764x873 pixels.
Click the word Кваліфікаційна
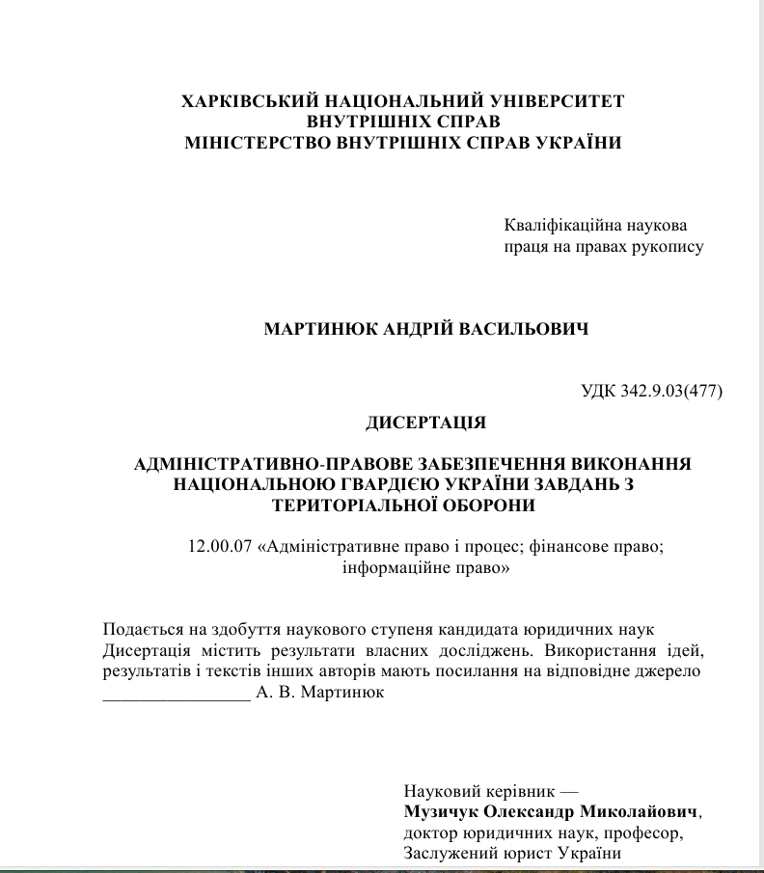[558, 226]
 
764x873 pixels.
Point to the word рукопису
[668, 246]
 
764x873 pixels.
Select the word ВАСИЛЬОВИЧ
[536, 329]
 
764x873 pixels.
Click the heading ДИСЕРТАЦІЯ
[425, 423]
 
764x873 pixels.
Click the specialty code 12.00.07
[220, 546]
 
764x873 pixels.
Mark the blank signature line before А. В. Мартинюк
[176, 695]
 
